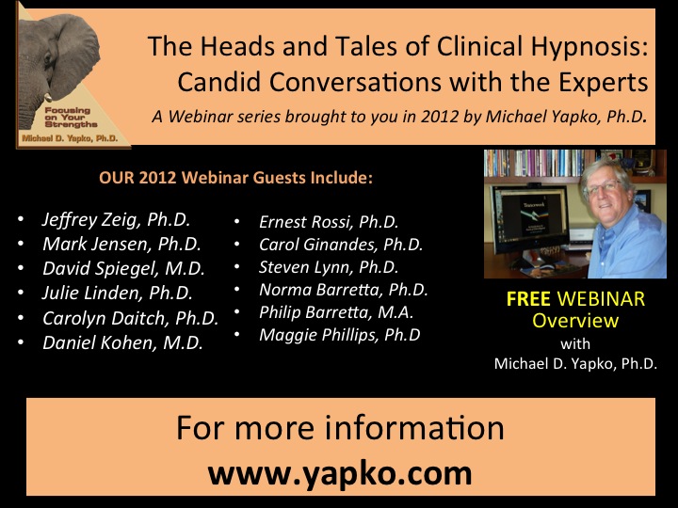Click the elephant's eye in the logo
click(x=48, y=59)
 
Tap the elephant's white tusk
click(x=48, y=98)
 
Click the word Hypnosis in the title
click(x=589, y=47)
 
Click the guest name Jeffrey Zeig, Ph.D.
click(x=117, y=220)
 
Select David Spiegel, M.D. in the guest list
click(x=123, y=269)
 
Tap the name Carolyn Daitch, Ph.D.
click(x=131, y=318)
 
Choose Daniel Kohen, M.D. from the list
click(x=122, y=343)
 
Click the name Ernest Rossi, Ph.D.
click(x=329, y=222)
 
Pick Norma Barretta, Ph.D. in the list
click(x=344, y=290)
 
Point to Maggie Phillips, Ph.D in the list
click(x=339, y=335)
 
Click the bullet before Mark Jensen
click(x=21, y=244)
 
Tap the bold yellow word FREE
click(x=528, y=299)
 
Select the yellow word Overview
click(x=575, y=321)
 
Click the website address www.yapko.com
click(x=340, y=474)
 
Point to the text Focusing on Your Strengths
click(x=71, y=117)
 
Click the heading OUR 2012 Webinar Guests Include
click(x=235, y=178)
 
